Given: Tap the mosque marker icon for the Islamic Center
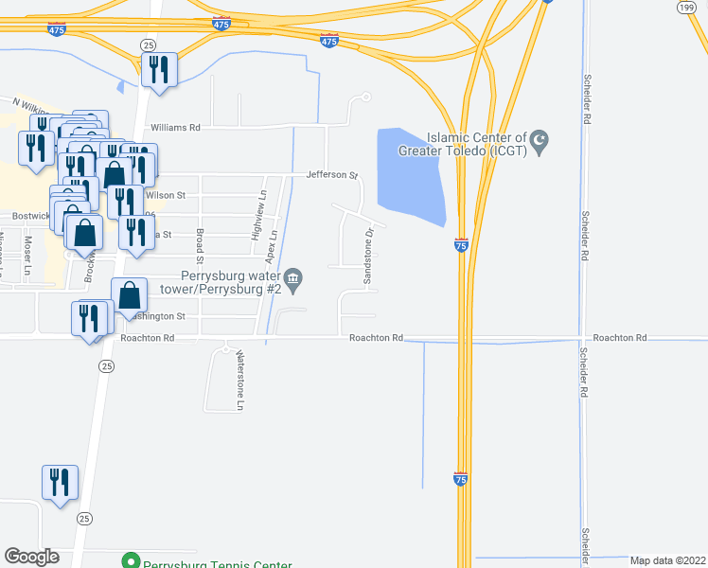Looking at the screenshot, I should click(540, 144).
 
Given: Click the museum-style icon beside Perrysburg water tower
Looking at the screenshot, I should click(294, 277).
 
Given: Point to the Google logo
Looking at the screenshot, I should click(31, 558).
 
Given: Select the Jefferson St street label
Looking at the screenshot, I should click(331, 175).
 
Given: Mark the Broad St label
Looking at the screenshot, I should click(200, 245).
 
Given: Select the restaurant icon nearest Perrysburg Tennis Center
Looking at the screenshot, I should click(61, 484).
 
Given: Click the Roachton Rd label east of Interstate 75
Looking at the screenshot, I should click(620, 338).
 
